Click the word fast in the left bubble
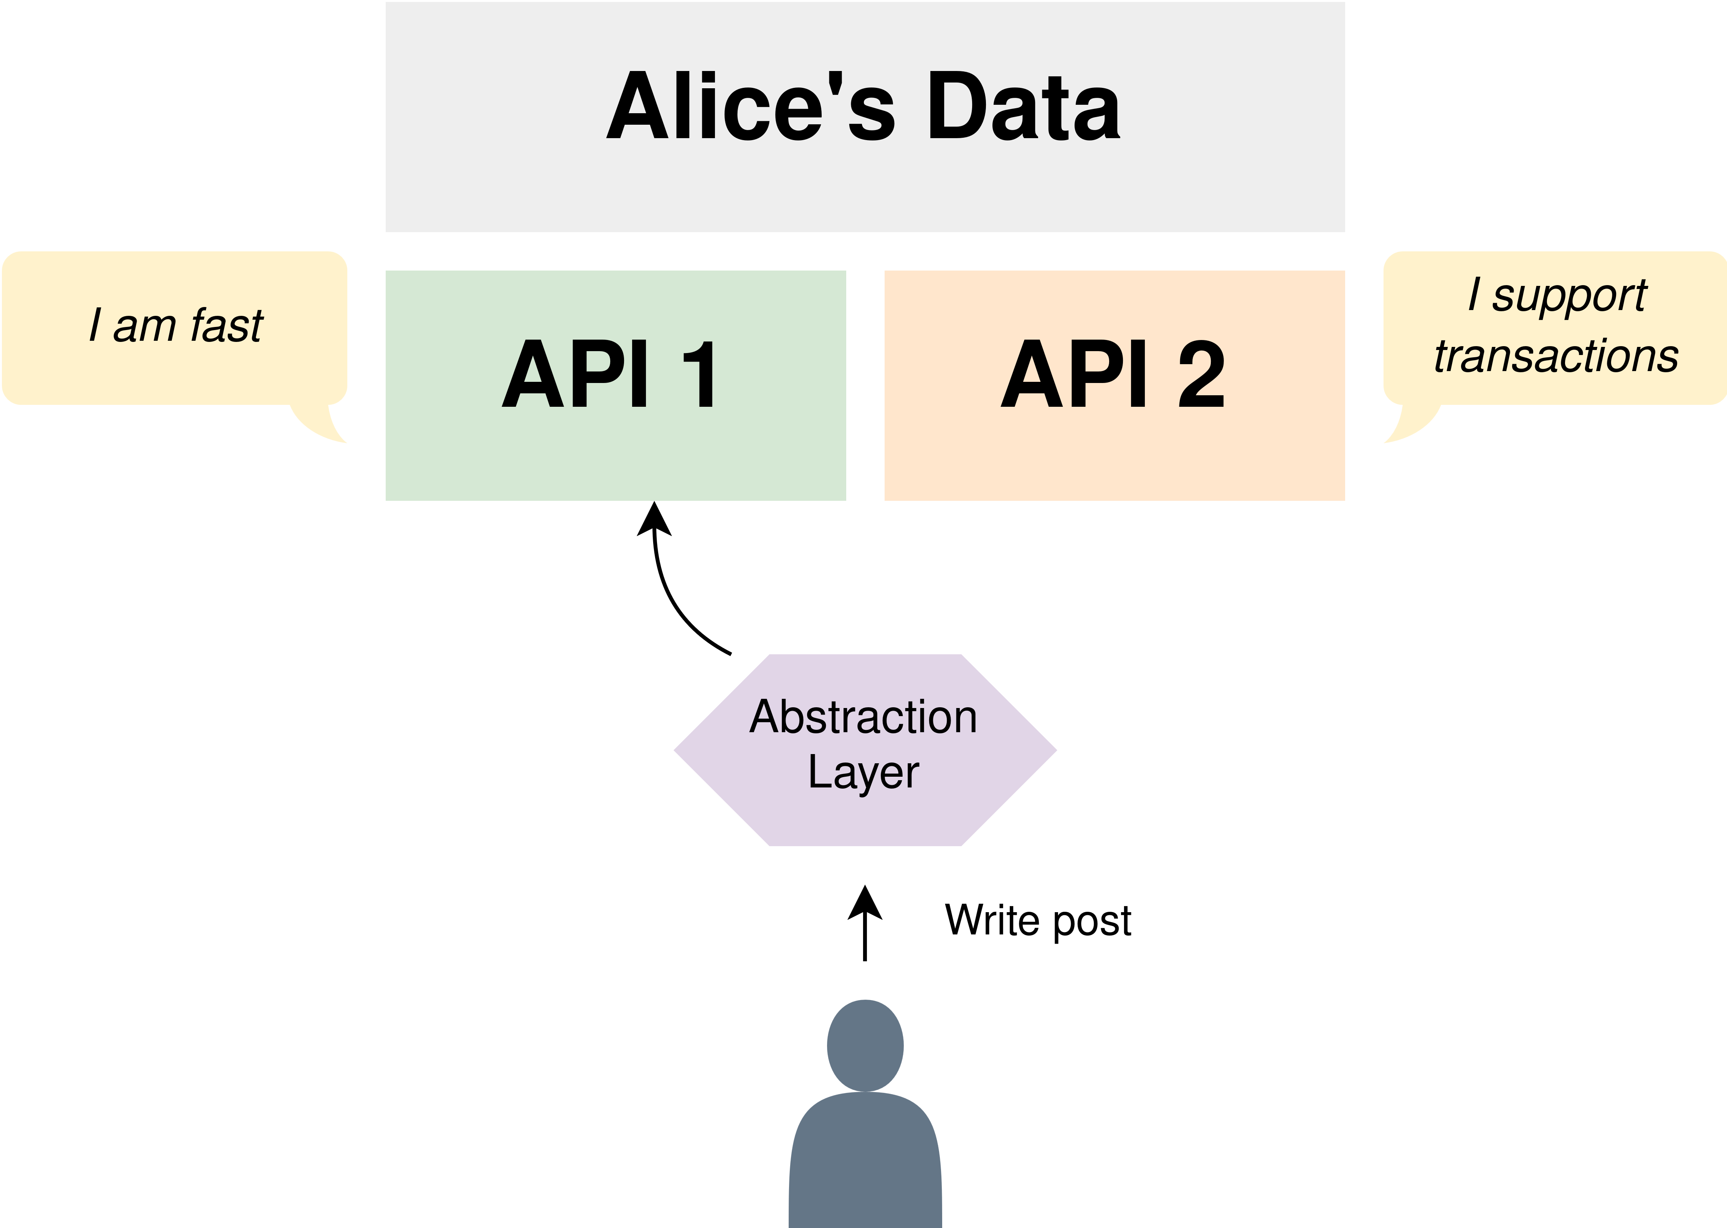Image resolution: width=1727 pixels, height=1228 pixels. click(227, 325)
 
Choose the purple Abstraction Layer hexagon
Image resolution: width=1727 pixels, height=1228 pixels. click(865, 750)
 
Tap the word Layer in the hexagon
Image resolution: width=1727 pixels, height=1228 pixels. click(863, 772)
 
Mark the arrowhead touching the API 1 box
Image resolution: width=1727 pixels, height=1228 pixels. click(654, 519)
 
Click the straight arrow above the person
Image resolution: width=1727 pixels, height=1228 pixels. click(865, 923)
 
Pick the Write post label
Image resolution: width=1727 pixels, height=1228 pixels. click(1038, 920)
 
